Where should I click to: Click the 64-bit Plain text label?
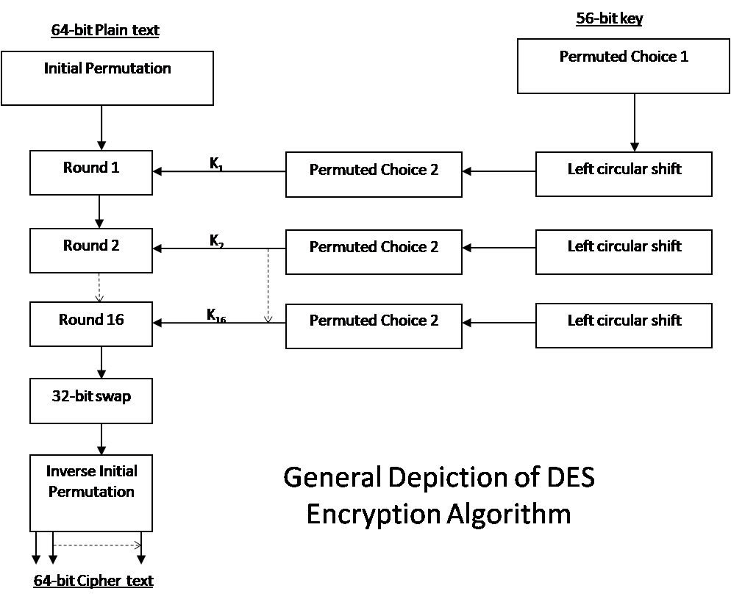pyautogui.click(x=104, y=31)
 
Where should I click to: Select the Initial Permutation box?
pyautogui.click(x=107, y=77)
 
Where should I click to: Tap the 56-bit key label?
pyautogui.click(x=609, y=20)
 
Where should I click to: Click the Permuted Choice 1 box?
pyautogui.click(x=624, y=66)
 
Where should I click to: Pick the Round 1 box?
pyautogui.click(x=91, y=173)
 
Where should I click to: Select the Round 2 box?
pyautogui.click(x=91, y=250)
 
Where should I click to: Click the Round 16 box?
pyautogui.click(x=91, y=324)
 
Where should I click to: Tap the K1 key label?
pyautogui.click(x=215, y=165)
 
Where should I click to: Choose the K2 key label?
pyautogui.click(x=215, y=241)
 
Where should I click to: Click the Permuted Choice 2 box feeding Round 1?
pyautogui.click(x=374, y=174)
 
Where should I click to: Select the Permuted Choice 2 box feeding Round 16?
pyautogui.click(x=374, y=326)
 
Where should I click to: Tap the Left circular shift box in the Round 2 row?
pyautogui.click(x=624, y=251)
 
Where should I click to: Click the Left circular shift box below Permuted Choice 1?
pyautogui.click(x=624, y=174)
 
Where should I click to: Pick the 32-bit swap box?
pyautogui.click(x=91, y=401)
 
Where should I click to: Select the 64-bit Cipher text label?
pyautogui.click(x=93, y=581)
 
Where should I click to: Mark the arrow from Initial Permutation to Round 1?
pyautogui.click(x=101, y=128)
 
